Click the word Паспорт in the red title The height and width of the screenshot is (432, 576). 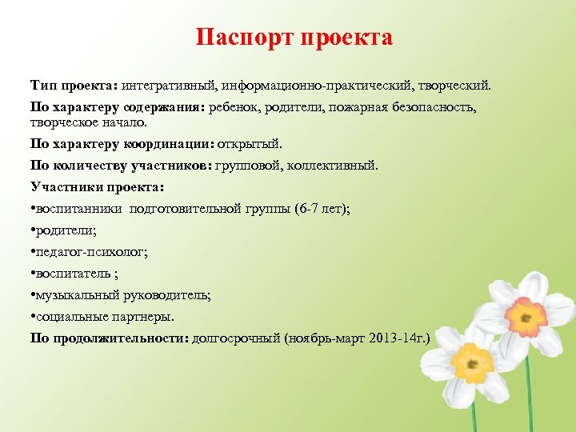pyautogui.click(x=245, y=38)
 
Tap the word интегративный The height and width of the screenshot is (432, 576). pyautogui.click(x=170, y=85)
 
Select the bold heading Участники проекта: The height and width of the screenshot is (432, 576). pyautogui.click(x=97, y=187)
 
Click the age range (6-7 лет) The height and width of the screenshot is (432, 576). pyautogui.click(x=322, y=209)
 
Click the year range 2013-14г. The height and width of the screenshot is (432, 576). pyautogui.click(x=400, y=338)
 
